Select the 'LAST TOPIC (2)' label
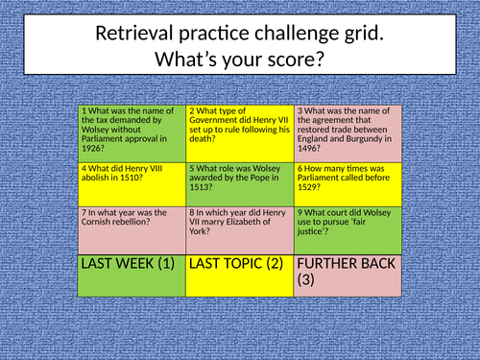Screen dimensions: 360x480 (236, 263)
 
